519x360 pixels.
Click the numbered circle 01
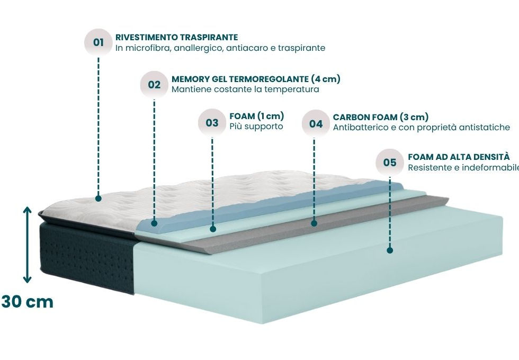tap(99, 42)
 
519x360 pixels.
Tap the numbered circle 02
tap(154, 84)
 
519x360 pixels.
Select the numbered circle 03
tap(212, 122)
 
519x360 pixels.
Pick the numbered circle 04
tap(316, 124)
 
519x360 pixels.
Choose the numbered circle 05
tap(390, 162)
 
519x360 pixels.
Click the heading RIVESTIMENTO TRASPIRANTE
tap(176, 38)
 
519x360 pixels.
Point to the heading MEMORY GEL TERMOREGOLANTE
tap(256, 79)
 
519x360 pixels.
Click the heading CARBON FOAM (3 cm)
tap(381, 117)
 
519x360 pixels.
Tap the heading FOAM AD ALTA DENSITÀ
tap(459, 157)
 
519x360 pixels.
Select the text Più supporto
tap(256, 127)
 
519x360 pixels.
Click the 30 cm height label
tap(27, 302)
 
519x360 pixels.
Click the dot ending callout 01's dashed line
tap(99, 199)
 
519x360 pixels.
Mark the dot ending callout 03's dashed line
tap(212, 229)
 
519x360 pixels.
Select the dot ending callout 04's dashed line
tap(314, 223)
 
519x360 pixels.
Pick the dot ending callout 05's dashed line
tap(390, 250)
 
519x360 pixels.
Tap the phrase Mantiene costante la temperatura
tap(245, 89)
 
